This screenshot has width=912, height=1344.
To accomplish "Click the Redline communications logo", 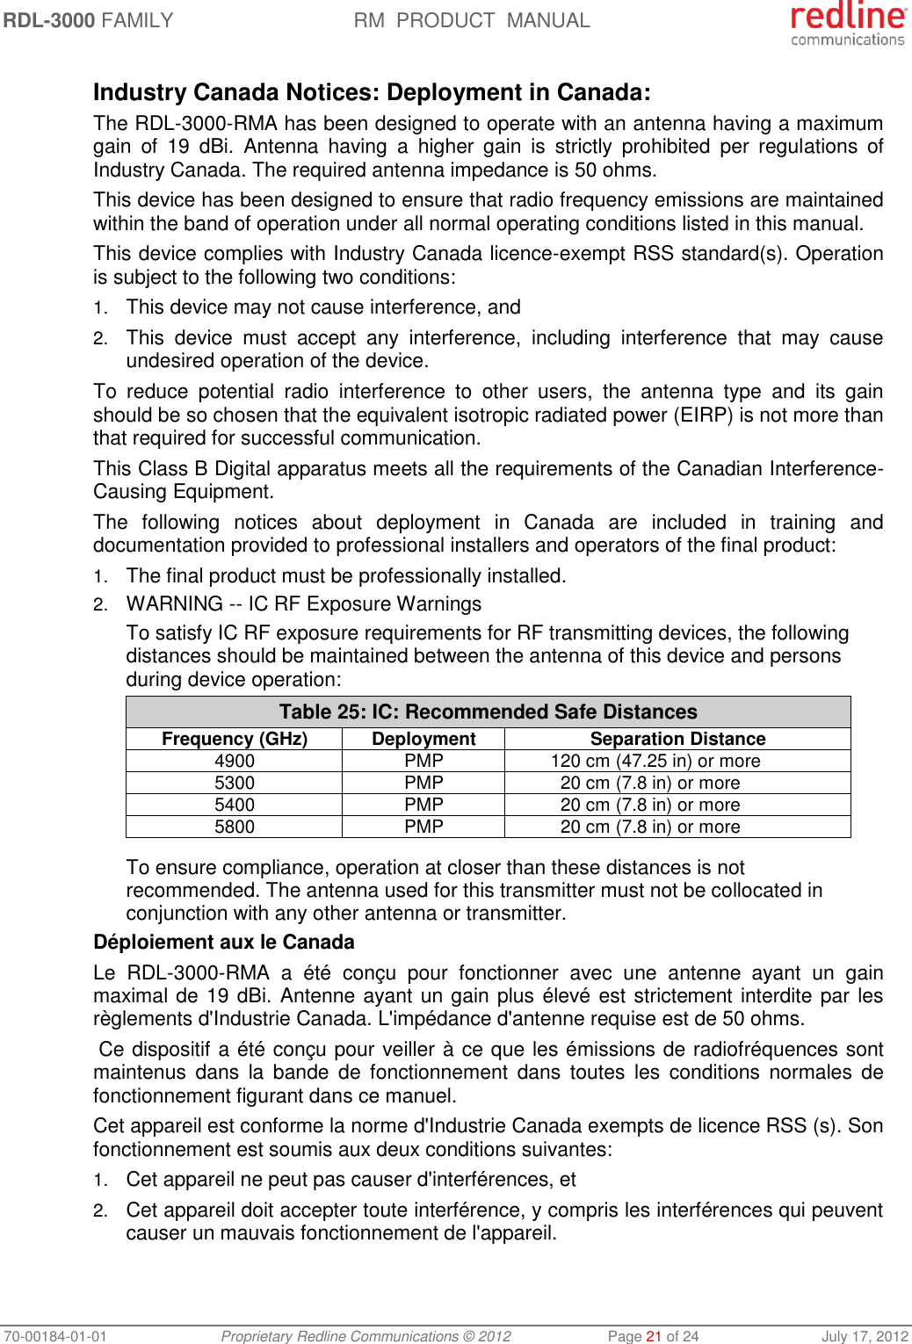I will pos(847,24).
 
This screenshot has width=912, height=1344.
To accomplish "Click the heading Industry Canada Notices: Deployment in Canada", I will pos(372,92).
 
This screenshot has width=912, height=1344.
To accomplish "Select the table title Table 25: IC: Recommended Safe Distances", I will pos(488,712).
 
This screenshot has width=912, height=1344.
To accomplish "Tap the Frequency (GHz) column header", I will pos(235,739).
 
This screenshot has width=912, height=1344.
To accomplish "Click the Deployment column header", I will pos(423,739).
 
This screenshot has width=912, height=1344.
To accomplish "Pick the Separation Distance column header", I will pos(677,739).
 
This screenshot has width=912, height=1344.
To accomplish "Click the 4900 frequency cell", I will pos(235,761).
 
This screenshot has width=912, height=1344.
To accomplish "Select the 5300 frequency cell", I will pos(235,783).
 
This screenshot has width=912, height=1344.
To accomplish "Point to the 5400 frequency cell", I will pos(235,805).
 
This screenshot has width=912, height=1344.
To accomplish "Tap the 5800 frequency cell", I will pos(235,827).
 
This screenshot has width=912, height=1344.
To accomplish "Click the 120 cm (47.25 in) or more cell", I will pos(655,761).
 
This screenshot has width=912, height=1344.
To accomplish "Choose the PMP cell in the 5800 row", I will pos(423,827).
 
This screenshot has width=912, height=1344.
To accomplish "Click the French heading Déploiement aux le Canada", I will pos(224,942).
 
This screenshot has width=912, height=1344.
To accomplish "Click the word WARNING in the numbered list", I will pos(175,604).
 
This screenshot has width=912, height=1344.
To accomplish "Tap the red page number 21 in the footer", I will pos(654,1336).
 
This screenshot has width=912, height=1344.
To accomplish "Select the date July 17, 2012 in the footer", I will pos(865,1336).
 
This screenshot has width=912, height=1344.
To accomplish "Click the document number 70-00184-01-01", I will pos(55,1336).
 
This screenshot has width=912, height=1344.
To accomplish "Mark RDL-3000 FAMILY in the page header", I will pos(89,20).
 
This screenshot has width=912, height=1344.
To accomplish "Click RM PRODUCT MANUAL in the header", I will pos(472,20).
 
